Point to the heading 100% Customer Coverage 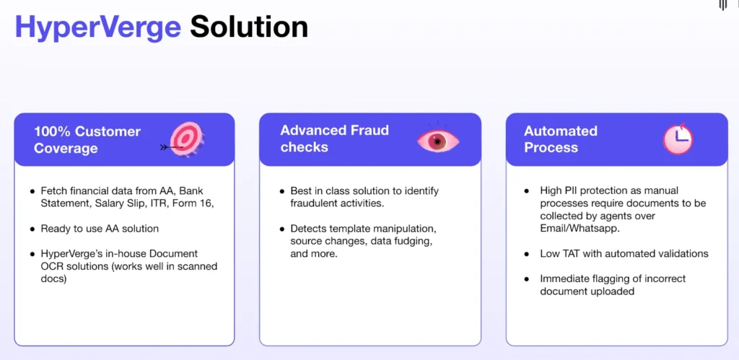pyautogui.click(x=87, y=140)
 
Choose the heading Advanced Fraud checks pyautogui.click(x=335, y=139)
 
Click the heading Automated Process pyautogui.click(x=561, y=139)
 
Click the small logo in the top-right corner pyautogui.click(x=723, y=6)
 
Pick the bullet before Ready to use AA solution pyautogui.click(x=32, y=229)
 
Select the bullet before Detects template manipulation pyautogui.click(x=281, y=229)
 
